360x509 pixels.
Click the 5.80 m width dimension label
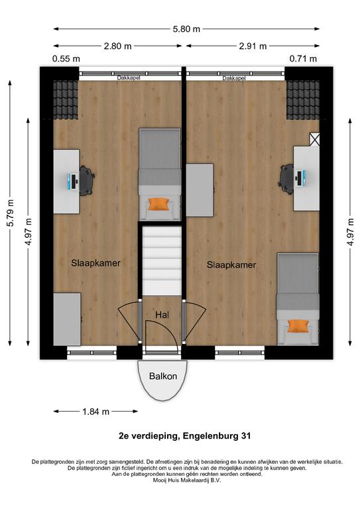[x=186, y=29]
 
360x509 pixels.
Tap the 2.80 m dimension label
[x=117, y=46]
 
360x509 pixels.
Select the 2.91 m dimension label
[x=253, y=46]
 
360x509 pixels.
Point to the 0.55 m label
[x=66, y=59]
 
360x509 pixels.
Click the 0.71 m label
[x=303, y=59]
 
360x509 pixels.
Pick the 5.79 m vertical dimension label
[x=11, y=213]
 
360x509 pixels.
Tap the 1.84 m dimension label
[x=95, y=412]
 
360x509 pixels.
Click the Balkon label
[x=163, y=376]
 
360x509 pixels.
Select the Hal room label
[x=162, y=315]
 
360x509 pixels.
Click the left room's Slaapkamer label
[x=95, y=263]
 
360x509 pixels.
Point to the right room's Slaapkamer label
[x=231, y=265]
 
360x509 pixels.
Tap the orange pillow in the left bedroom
[x=159, y=204]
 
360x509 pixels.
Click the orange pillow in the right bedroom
[x=298, y=326]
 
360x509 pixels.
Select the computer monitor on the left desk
[x=73, y=182]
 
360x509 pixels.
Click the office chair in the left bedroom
[x=87, y=180]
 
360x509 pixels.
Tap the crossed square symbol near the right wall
[x=314, y=139]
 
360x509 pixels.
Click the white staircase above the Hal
[x=162, y=261]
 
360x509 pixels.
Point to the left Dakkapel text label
[x=129, y=78]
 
